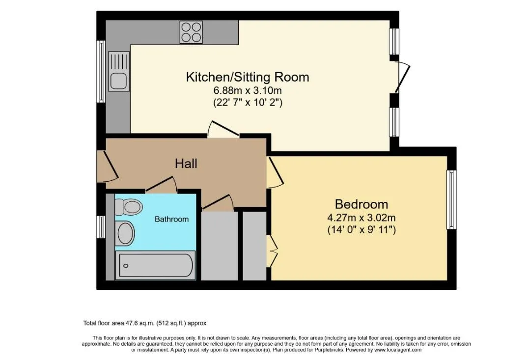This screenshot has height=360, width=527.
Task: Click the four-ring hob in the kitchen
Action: (191, 32)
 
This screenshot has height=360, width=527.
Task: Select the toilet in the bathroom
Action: (128, 207)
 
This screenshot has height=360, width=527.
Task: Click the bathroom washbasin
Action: (126, 233)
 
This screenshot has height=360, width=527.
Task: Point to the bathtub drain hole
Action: (126, 266)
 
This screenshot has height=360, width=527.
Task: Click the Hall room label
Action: (186, 164)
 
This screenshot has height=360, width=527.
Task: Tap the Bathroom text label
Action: (171, 219)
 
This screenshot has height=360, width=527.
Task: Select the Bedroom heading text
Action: (361, 204)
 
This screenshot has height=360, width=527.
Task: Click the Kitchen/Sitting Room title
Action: (248, 77)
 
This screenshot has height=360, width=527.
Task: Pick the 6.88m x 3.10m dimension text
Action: (248, 90)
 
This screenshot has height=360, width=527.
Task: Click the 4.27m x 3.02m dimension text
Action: (361, 218)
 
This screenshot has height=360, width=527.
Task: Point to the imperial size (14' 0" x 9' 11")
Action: (361, 230)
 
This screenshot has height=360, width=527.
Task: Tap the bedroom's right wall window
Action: (451, 200)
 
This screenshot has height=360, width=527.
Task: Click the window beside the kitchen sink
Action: (101, 71)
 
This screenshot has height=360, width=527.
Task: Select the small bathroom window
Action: (101, 227)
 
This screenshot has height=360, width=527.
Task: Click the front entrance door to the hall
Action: (108, 166)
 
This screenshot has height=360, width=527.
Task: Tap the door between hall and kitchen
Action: (223, 129)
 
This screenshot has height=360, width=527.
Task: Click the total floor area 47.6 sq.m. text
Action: (145, 323)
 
